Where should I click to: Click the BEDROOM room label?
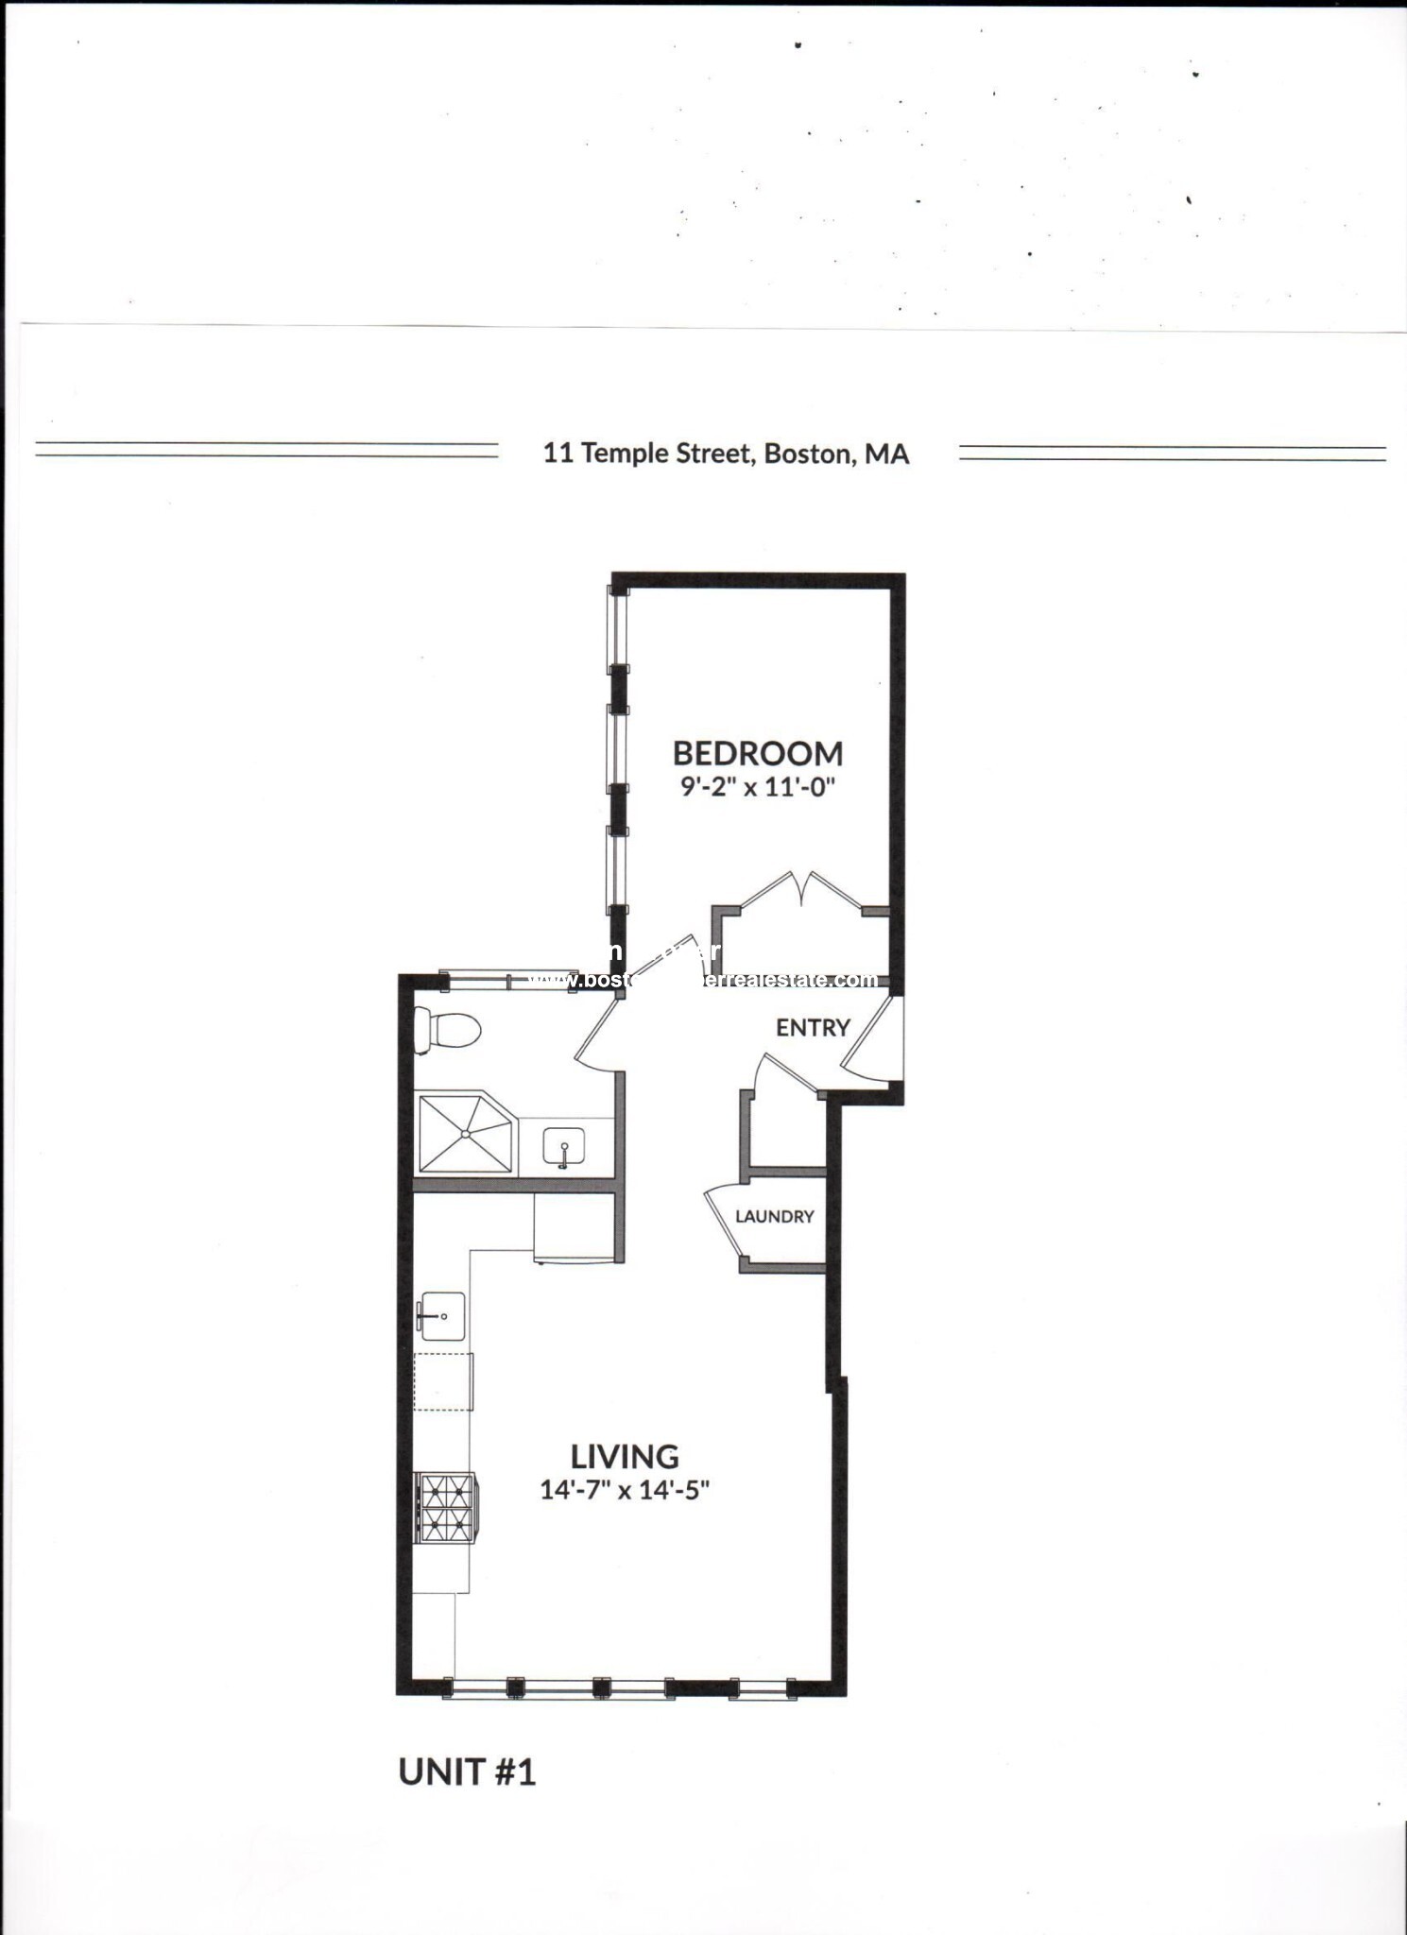click(757, 753)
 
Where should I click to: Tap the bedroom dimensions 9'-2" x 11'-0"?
click(758, 787)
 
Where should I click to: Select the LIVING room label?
click(624, 1456)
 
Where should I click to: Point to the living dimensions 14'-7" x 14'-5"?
click(624, 1490)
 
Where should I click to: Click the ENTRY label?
click(813, 1028)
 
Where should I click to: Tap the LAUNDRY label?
click(774, 1216)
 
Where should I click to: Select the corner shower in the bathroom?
click(464, 1133)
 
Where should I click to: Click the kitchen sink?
click(441, 1316)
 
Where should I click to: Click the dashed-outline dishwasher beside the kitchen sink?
click(443, 1381)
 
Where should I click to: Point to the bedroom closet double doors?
click(801, 889)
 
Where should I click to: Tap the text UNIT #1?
click(467, 1772)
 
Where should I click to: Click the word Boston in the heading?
click(807, 454)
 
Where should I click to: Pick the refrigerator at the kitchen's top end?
click(573, 1226)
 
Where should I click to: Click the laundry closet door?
click(724, 1220)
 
